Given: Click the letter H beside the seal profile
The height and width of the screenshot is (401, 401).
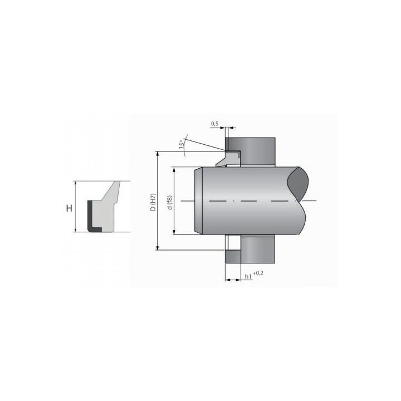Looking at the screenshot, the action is (x=69, y=208).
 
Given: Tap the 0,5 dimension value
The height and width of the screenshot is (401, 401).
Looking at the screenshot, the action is (x=214, y=124).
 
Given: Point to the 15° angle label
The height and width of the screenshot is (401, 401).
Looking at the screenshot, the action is (x=182, y=144).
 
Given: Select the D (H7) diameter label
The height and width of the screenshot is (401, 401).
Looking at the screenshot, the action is (x=153, y=202).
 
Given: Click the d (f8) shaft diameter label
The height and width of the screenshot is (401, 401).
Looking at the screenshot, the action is (x=169, y=203).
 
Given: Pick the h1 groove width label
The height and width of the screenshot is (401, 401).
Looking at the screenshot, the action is (x=248, y=276).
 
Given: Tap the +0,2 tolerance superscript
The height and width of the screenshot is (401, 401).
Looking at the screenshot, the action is (x=258, y=273).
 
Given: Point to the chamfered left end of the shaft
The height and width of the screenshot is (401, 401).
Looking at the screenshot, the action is (x=198, y=200).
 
